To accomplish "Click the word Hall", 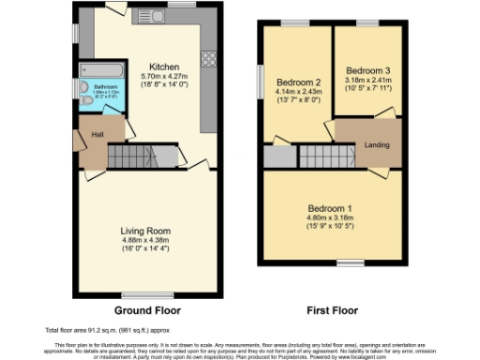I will (x=97, y=134).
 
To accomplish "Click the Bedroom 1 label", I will (x=332, y=209).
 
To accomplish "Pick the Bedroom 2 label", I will (x=299, y=82).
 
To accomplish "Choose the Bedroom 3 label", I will (x=367, y=71).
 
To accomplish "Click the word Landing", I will (x=379, y=143).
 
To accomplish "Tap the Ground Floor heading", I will (x=147, y=309).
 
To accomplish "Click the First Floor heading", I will (x=332, y=309).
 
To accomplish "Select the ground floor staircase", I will (x=131, y=156).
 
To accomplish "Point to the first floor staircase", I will (x=319, y=156).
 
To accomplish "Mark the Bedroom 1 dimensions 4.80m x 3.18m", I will (x=332, y=219).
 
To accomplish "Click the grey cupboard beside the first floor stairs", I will (x=277, y=157).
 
